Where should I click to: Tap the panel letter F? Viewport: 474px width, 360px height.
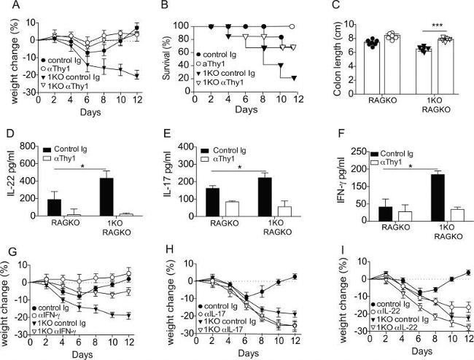point(340,133)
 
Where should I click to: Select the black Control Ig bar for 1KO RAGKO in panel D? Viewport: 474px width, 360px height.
point(106,197)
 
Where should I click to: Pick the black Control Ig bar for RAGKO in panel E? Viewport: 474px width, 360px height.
point(212,202)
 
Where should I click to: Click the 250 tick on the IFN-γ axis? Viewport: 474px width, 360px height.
point(358,152)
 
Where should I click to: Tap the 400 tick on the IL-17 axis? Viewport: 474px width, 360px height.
point(185,146)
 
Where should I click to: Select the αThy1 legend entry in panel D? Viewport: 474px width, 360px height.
point(60,158)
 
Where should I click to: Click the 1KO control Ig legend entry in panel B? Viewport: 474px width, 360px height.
point(225,74)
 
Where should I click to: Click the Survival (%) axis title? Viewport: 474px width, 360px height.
point(166,59)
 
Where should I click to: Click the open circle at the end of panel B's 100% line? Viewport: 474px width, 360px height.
point(292,26)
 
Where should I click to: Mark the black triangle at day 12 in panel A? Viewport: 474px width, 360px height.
point(136,76)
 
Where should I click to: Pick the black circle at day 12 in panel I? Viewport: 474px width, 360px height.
point(468,273)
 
